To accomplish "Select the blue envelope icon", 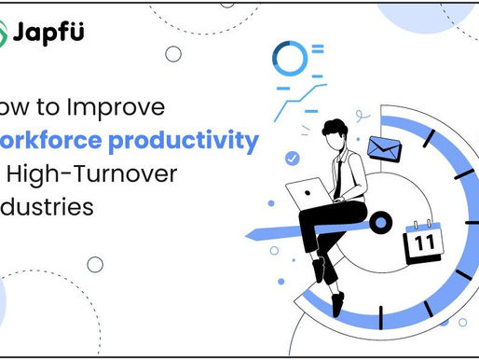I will coord(382,148).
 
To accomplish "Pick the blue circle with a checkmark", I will coord(294,159).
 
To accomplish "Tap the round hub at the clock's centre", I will coord(378,223).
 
